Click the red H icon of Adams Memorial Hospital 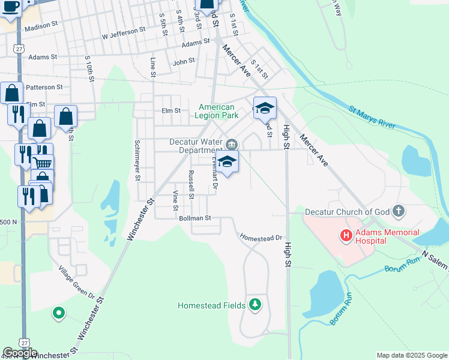(346, 236)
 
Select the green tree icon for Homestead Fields (256, 305)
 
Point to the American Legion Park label (217, 111)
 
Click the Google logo (20, 353)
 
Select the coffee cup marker (11, 6)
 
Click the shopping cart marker (42, 163)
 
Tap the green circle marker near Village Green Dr (59, 313)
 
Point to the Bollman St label (195, 218)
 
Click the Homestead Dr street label (261, 238)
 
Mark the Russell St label (191, 185)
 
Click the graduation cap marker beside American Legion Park (265, 109)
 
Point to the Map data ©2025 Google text (411, 355)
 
